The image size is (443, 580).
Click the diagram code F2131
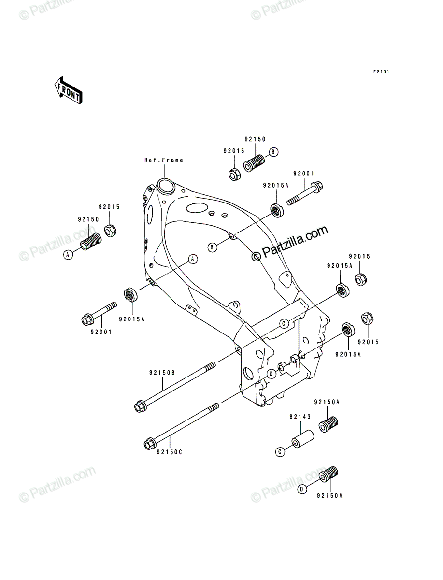click(381, 72)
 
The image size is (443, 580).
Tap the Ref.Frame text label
click(164, 160)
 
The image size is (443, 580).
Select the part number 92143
click(300, 417)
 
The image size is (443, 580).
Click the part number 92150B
click(162, 373)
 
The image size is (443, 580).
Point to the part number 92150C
click(170, 452)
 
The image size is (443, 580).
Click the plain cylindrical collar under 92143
click(302, 439)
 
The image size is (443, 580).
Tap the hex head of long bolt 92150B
click(140, 414)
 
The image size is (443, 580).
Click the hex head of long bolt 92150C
click(150, 444)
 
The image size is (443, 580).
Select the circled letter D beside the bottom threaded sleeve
click(302, 489)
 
